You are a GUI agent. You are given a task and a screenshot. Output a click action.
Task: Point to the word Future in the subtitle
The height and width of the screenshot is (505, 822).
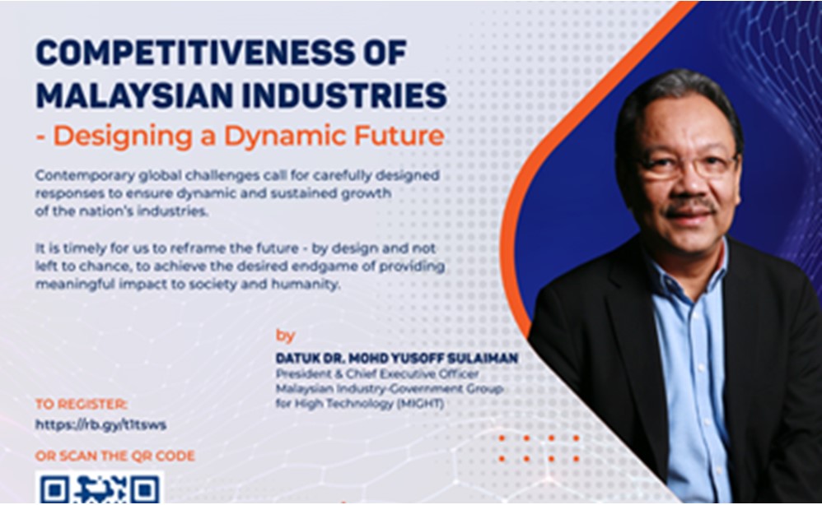(399, 135)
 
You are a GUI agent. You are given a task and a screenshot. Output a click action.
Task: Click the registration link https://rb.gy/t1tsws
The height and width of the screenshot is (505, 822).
(100, 424)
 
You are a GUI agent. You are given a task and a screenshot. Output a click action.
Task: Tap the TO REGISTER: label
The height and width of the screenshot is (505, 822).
(82, 404)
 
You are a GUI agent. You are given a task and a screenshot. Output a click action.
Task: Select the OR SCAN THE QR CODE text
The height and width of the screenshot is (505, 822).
(114, 456)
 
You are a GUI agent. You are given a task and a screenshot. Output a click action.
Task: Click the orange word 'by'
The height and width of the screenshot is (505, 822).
(285, 336)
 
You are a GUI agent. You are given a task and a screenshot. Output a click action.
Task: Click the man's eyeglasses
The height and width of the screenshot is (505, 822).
(687, 169)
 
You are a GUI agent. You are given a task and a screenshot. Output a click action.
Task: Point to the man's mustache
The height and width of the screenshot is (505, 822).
(690, 206)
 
